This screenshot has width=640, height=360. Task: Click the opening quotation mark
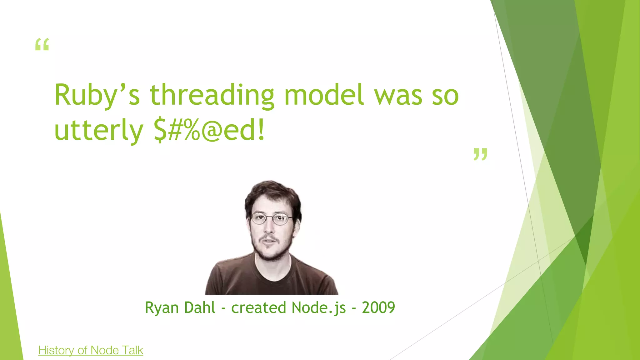click(x=42, y=44)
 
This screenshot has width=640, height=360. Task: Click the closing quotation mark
click(x=480, y=154)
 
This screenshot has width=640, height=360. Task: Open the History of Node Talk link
click(x=91, y=350)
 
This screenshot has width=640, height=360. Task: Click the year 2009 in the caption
click(x=378, y=307)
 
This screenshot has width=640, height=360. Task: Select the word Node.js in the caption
click(x=319, y=307)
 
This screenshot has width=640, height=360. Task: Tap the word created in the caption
click(x=258, y=307)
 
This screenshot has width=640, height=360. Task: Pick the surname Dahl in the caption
click(x=200, y=307)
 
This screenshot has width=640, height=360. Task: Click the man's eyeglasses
click(x=271, y=218)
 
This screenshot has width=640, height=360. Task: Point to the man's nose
click(x=269, y=228)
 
